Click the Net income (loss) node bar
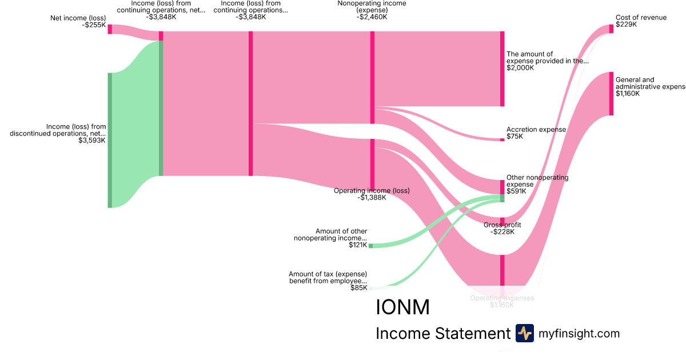pyautogui.click(x=110, y=29)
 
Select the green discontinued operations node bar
pyautogui.click(x=110, y=140)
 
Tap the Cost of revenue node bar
pyautogui.click(x=611, y=29)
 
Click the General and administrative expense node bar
pyautogui.click(x=611, y=94)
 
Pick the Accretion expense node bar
pyautogui.click(x=502, y=139)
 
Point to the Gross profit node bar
pyautogui.click(x=502, y=222)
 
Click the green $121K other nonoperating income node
pyautogui.click(x=370, y=246)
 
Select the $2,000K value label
pyautogui.click(x=520, y=68)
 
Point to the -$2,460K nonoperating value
pyautogui.click(x=372, y=17)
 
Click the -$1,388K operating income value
pyautogui.click(x=372, y=198)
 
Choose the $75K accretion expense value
pyautogui.click(x=514, y=137)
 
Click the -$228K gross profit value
pyautogui.click(x=502, y=231)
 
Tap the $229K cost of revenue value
pyautogui.click(x=627, y=25)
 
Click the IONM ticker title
pyautogui.click(x=402, y=307)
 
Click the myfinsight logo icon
pyautogui.click(x=524, y=333)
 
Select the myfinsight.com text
pyautogui.click(x=579, y=333)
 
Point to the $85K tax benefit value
pyautogui.click(x=359, y=288)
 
